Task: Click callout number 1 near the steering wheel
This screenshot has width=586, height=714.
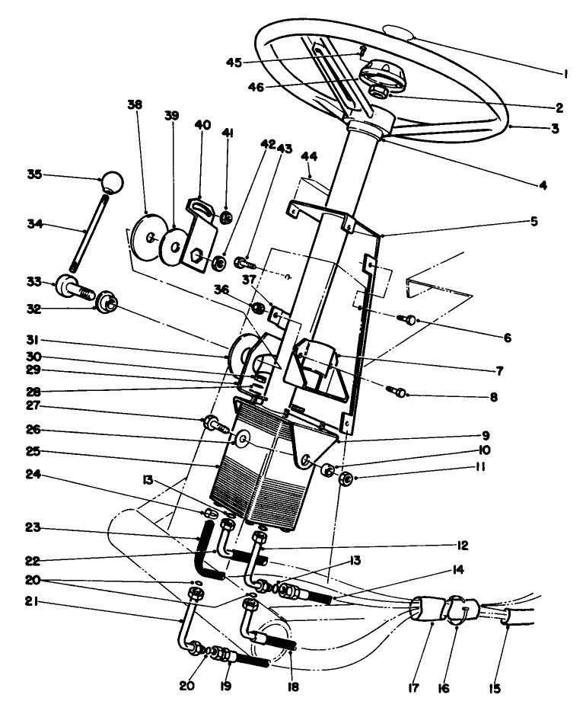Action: coord(565,75)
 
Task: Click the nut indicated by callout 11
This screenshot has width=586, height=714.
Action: coord(344,479)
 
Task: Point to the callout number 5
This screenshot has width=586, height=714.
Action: coord(534,222)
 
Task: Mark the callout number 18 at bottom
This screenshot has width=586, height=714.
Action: coord(293,687)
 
